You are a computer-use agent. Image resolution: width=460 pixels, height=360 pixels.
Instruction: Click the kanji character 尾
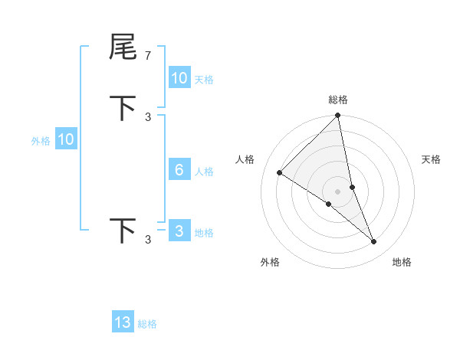(123, 47)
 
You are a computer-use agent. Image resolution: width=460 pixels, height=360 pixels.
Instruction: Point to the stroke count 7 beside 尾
(148, 55)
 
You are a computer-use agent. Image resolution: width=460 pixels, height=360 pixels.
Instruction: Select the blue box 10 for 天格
(179, 78)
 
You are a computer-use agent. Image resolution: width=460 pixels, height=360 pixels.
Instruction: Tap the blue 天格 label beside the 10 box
(204, 79)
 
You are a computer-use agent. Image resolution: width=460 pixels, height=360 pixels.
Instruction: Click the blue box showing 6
(179, 170)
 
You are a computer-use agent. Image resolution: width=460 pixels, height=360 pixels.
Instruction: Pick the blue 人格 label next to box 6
(204, 172)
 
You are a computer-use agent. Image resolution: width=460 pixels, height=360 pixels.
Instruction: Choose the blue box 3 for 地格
(179, 231)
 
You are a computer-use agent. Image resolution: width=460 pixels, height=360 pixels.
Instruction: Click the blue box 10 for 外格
(66, 139)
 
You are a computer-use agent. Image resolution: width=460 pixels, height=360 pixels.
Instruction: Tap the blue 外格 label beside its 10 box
(40, 141)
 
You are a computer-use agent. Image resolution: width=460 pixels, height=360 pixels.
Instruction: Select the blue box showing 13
(123, 322)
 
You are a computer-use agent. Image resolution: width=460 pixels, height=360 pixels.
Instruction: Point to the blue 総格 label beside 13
(147, 324)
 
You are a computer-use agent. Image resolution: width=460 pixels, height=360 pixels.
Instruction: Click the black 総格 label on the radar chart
(338, 100)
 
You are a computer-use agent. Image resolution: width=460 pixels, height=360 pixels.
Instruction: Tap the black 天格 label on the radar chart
(432, 159)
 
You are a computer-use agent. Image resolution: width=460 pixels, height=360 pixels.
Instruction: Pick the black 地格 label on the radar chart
(402, 262)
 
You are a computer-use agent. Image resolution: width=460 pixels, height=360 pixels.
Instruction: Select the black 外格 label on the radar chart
(270, 262)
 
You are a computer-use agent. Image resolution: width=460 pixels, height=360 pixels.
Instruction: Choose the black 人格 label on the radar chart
(245, 159)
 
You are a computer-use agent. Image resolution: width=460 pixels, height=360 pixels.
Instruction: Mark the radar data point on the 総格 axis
(338, 116)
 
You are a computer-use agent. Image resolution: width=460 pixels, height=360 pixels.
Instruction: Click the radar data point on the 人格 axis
(280, 173)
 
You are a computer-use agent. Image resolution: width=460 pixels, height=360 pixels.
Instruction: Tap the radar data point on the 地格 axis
(374, 242)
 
